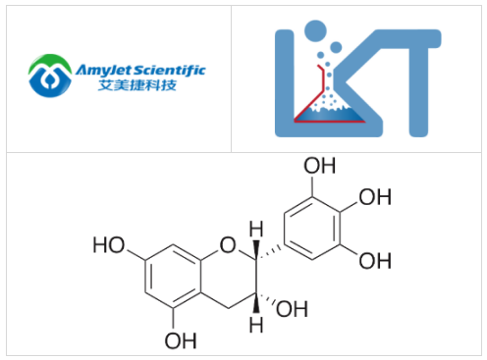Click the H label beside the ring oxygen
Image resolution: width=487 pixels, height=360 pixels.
256,231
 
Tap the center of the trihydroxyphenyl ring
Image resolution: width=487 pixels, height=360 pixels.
320,229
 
